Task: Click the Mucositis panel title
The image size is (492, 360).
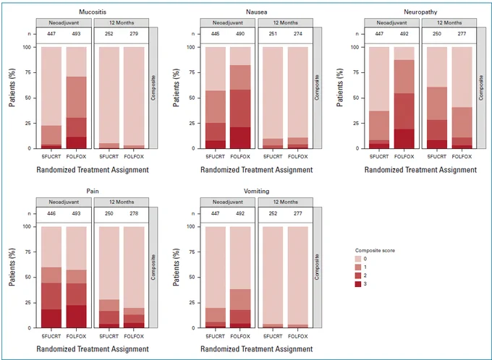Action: (93, 12)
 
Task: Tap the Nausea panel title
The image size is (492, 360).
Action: (256, 12)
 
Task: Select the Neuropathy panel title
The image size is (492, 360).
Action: (420, 12)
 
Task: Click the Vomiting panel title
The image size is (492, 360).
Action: (256, 192)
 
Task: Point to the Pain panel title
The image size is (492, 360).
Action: (93, 192)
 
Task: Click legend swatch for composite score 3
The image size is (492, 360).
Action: (358, 284)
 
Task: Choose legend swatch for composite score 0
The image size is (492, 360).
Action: (358, 259)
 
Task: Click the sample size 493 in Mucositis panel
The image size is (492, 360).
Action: (76, 33)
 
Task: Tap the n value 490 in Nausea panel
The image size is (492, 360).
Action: (240, 33)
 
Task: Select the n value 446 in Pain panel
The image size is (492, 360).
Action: (51, 213)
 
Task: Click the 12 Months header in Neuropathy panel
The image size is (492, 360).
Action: (449, 22)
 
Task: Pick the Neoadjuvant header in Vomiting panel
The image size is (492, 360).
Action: (228, 202)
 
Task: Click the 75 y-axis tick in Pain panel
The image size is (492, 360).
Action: (28, 252)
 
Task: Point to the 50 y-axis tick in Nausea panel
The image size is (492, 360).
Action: (192, 98)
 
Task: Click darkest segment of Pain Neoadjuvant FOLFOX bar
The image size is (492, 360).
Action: (76, 317)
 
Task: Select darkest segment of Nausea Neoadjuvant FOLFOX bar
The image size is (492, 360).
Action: (240, 137)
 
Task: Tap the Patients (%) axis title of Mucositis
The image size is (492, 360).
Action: (12, 88)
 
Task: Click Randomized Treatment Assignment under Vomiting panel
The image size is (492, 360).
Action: (256, 349)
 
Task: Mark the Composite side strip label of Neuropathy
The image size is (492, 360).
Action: (480, 87)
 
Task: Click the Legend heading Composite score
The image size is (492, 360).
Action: (375, 251)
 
